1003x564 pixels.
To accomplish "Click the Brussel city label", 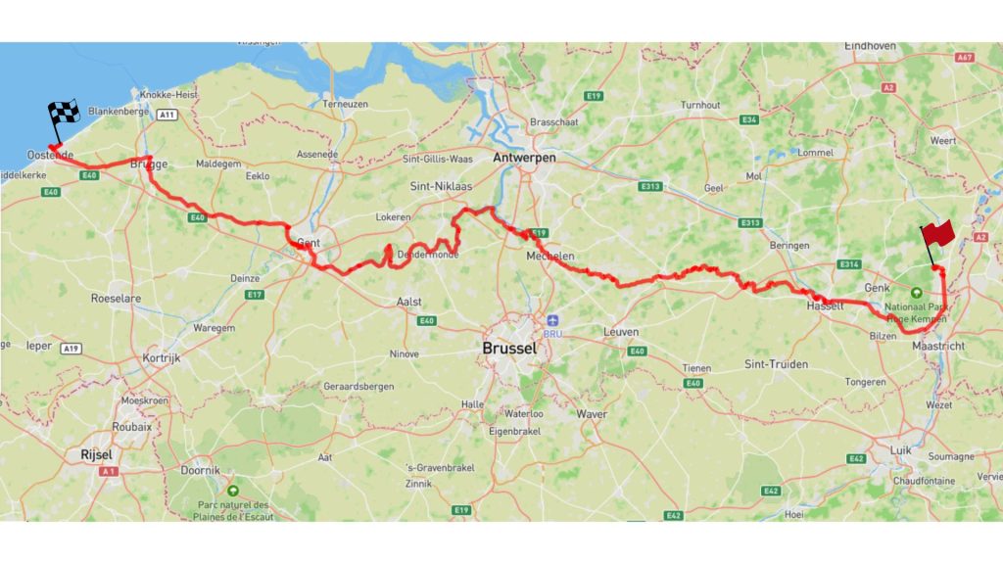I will click(x=508, y=348).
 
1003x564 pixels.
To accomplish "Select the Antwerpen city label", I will click(x=525, y=158).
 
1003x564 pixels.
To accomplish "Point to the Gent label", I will click(x=308, y=241).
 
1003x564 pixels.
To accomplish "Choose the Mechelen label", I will click(x=549, y=257).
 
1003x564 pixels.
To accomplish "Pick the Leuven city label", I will click(x=620, y=332).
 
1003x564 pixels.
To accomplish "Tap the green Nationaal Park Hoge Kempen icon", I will click(x=917, y=293).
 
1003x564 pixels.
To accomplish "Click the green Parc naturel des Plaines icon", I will click(x=233, y=490).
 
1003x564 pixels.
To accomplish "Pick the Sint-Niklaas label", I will click(x=437, y=184).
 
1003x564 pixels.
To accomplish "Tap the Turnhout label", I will click(x=700, y=105).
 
